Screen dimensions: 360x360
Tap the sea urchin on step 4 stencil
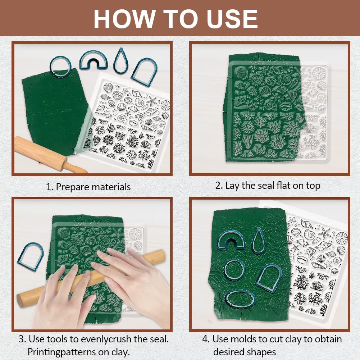pyautogui.click(x=342, y=238)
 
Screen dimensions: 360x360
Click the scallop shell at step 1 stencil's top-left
pyautogui.click(x=108, y=87)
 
